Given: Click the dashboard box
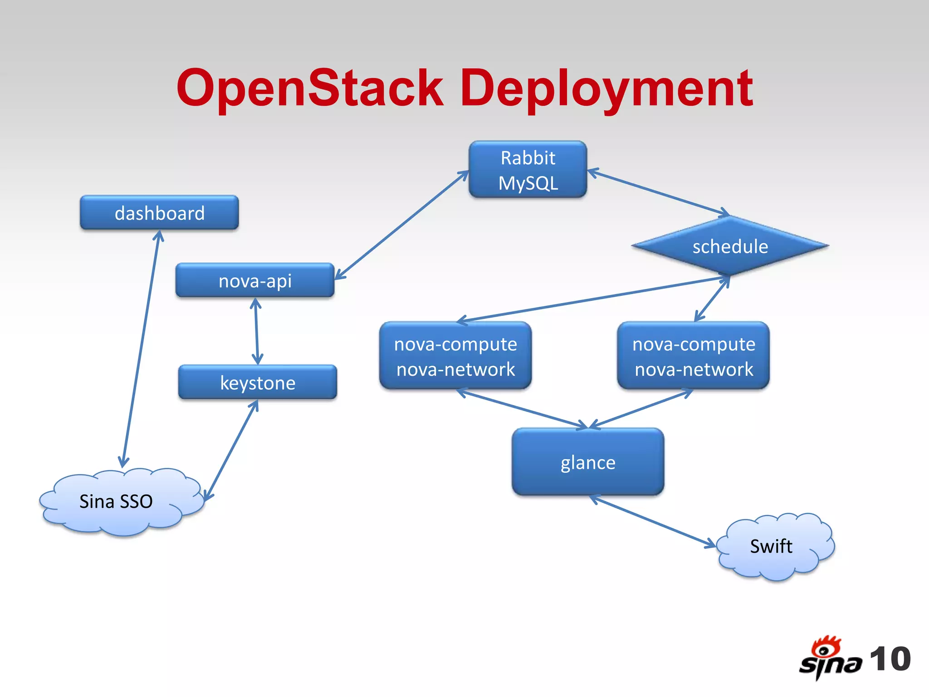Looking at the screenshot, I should coord(159,212).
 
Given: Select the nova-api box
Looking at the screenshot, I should coord(255,280).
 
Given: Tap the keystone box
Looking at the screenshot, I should coord(258,382).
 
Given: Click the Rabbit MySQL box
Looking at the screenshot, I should coord(528,170).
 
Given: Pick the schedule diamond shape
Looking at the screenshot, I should coord(730,246).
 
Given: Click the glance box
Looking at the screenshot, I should coord(588,462).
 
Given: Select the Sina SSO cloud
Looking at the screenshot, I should coord(116,501).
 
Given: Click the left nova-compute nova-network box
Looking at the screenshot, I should coord(455,356).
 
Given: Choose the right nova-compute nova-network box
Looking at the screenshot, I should coord(694,356).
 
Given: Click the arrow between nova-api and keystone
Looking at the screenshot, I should coord(256,331).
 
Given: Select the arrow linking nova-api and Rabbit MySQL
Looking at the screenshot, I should coord(401,225).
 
